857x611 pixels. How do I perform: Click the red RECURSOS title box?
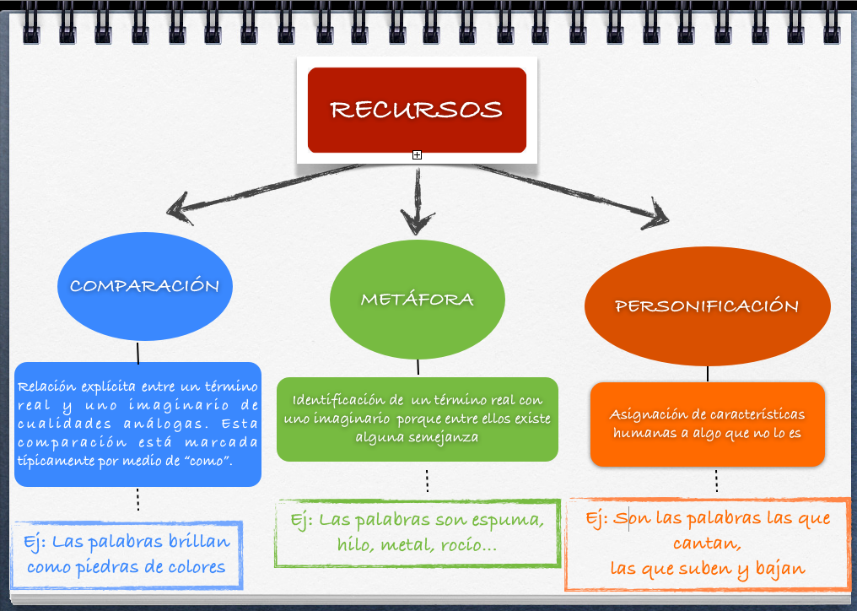[417, 110]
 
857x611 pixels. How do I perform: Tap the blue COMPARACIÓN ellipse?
[144, 286]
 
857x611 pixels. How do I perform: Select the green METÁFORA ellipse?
[417, 300]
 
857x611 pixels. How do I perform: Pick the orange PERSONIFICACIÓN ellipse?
[707, 305]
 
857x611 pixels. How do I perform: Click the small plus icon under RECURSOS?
[417, 155]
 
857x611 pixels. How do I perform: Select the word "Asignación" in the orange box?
[645, 414]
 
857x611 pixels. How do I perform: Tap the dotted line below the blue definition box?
[137, 499]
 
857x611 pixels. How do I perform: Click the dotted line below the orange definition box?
[716, 481]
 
